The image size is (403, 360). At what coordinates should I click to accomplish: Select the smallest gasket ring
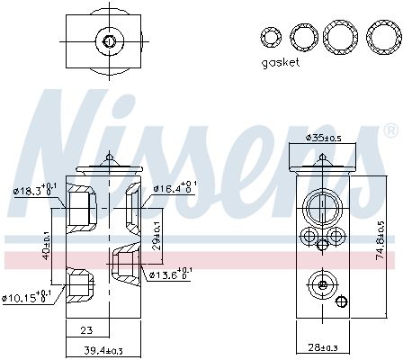point(270,37)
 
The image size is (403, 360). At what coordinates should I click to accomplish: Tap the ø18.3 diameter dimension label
point(31,189)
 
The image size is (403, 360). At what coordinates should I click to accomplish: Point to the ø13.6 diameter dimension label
point(168,274)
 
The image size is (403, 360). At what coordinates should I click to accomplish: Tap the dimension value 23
point(86,329)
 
